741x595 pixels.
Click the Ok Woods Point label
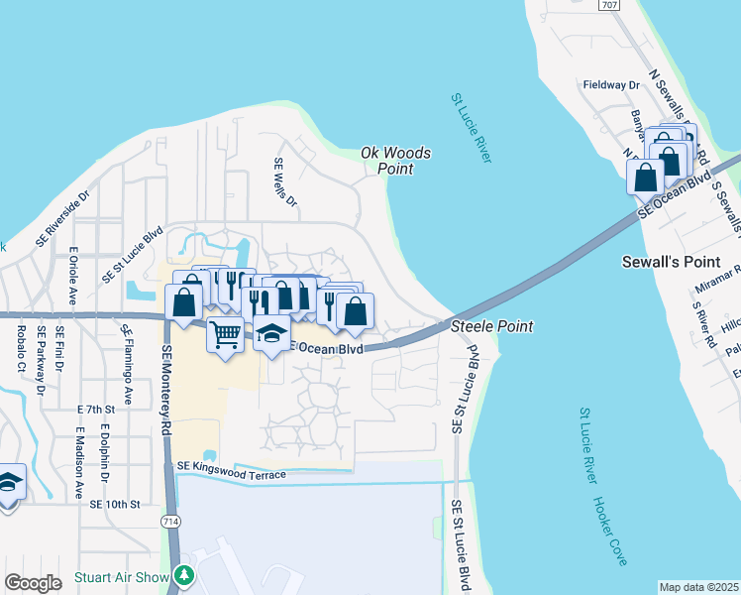tap(395, 161)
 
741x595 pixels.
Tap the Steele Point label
tap(492, 326)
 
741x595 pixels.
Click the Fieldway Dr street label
tap(610, 86)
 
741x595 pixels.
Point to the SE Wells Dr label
tap(284, 182)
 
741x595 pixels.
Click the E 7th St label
tap(95, 409)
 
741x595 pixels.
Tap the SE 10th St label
tap(116, 504)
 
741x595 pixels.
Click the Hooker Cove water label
tap(611, 532)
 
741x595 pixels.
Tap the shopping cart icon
tap(225, 334)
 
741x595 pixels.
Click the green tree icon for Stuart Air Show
tap(182, 575)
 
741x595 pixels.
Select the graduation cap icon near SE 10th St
tap(8, 483)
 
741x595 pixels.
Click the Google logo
tap(33, 583)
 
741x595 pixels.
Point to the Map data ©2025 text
tap(699, 587)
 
